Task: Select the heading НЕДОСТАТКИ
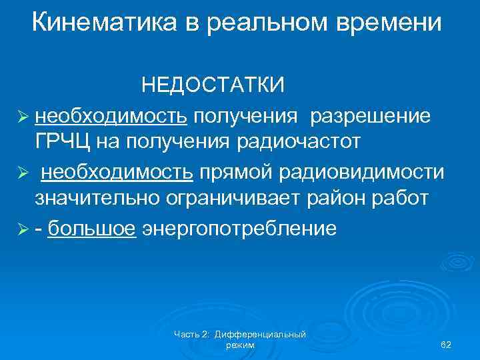pos(213,85)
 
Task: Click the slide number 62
pos(446,343)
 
